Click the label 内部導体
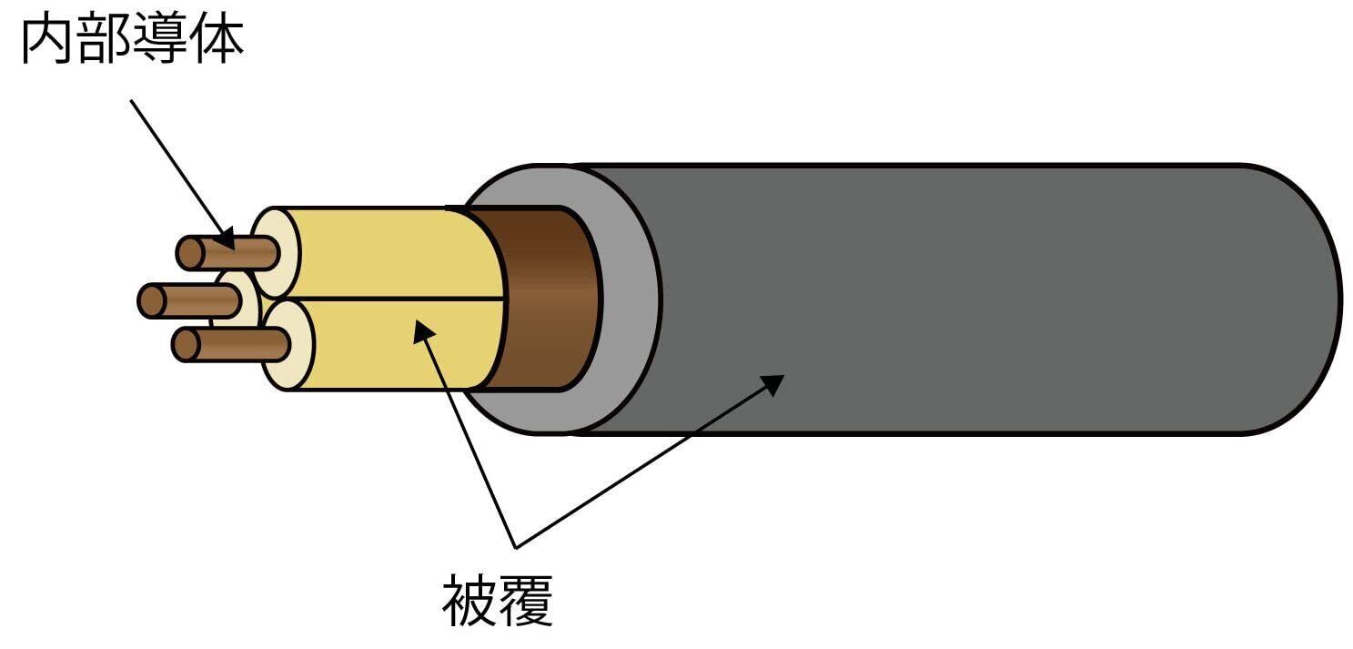(132, 42)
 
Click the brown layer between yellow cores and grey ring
(546, 300)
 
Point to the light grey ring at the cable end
(628, 300)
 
